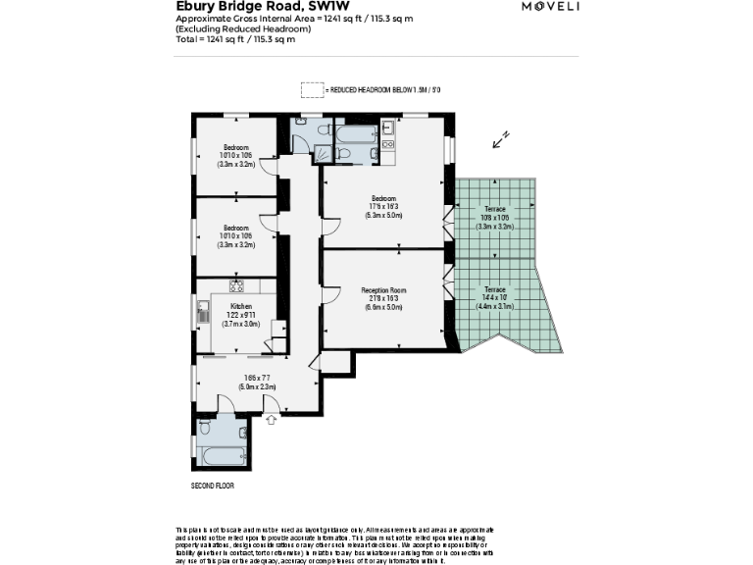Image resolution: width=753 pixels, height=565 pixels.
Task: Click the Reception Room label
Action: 385,290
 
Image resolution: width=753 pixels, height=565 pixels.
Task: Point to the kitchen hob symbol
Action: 236,286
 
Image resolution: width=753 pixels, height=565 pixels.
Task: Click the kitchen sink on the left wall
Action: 203,313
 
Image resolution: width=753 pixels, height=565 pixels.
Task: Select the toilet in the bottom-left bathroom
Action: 205,428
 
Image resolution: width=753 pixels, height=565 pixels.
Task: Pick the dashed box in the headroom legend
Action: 311,89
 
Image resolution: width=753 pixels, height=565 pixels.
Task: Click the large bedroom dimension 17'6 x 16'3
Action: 385,206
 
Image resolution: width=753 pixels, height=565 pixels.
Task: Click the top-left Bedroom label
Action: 235,146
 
